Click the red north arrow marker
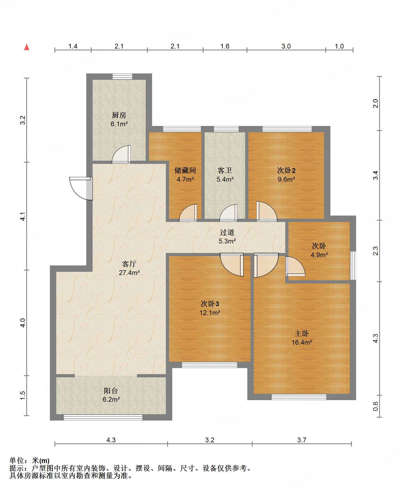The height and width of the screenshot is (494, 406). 27,47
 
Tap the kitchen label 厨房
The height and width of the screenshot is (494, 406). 119,115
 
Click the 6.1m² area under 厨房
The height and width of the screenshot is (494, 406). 119,124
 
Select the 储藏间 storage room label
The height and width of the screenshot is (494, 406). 185,170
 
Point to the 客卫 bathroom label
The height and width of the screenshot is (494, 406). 225,170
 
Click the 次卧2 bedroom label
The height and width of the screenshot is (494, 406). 286,170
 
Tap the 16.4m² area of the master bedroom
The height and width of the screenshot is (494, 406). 302,342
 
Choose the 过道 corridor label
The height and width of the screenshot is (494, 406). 227,232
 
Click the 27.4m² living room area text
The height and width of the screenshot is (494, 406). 129,273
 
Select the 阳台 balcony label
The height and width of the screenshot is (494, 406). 111,391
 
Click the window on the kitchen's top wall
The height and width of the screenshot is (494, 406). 122,77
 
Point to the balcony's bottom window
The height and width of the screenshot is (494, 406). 103,417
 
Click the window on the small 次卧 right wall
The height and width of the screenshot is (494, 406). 353,265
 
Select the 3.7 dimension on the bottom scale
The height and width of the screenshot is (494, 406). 302,440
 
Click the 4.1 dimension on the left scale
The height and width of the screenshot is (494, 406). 23,216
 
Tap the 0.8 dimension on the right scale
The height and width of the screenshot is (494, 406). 375,406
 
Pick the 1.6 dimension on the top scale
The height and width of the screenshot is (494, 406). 225,46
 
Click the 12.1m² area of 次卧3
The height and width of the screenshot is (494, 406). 210,313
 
